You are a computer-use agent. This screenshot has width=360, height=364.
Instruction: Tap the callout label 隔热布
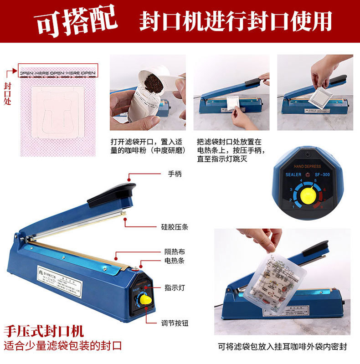tap(175, 251)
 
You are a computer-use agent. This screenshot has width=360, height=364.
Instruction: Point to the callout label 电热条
tap(175, 261)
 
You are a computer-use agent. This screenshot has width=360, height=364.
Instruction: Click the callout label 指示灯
tap(175, 287)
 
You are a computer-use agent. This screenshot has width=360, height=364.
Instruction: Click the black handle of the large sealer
tap(112, 194)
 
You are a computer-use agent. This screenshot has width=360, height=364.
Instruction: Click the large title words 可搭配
tap(76, 21)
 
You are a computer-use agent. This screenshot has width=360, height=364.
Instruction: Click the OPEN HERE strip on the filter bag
tap(57, 72)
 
